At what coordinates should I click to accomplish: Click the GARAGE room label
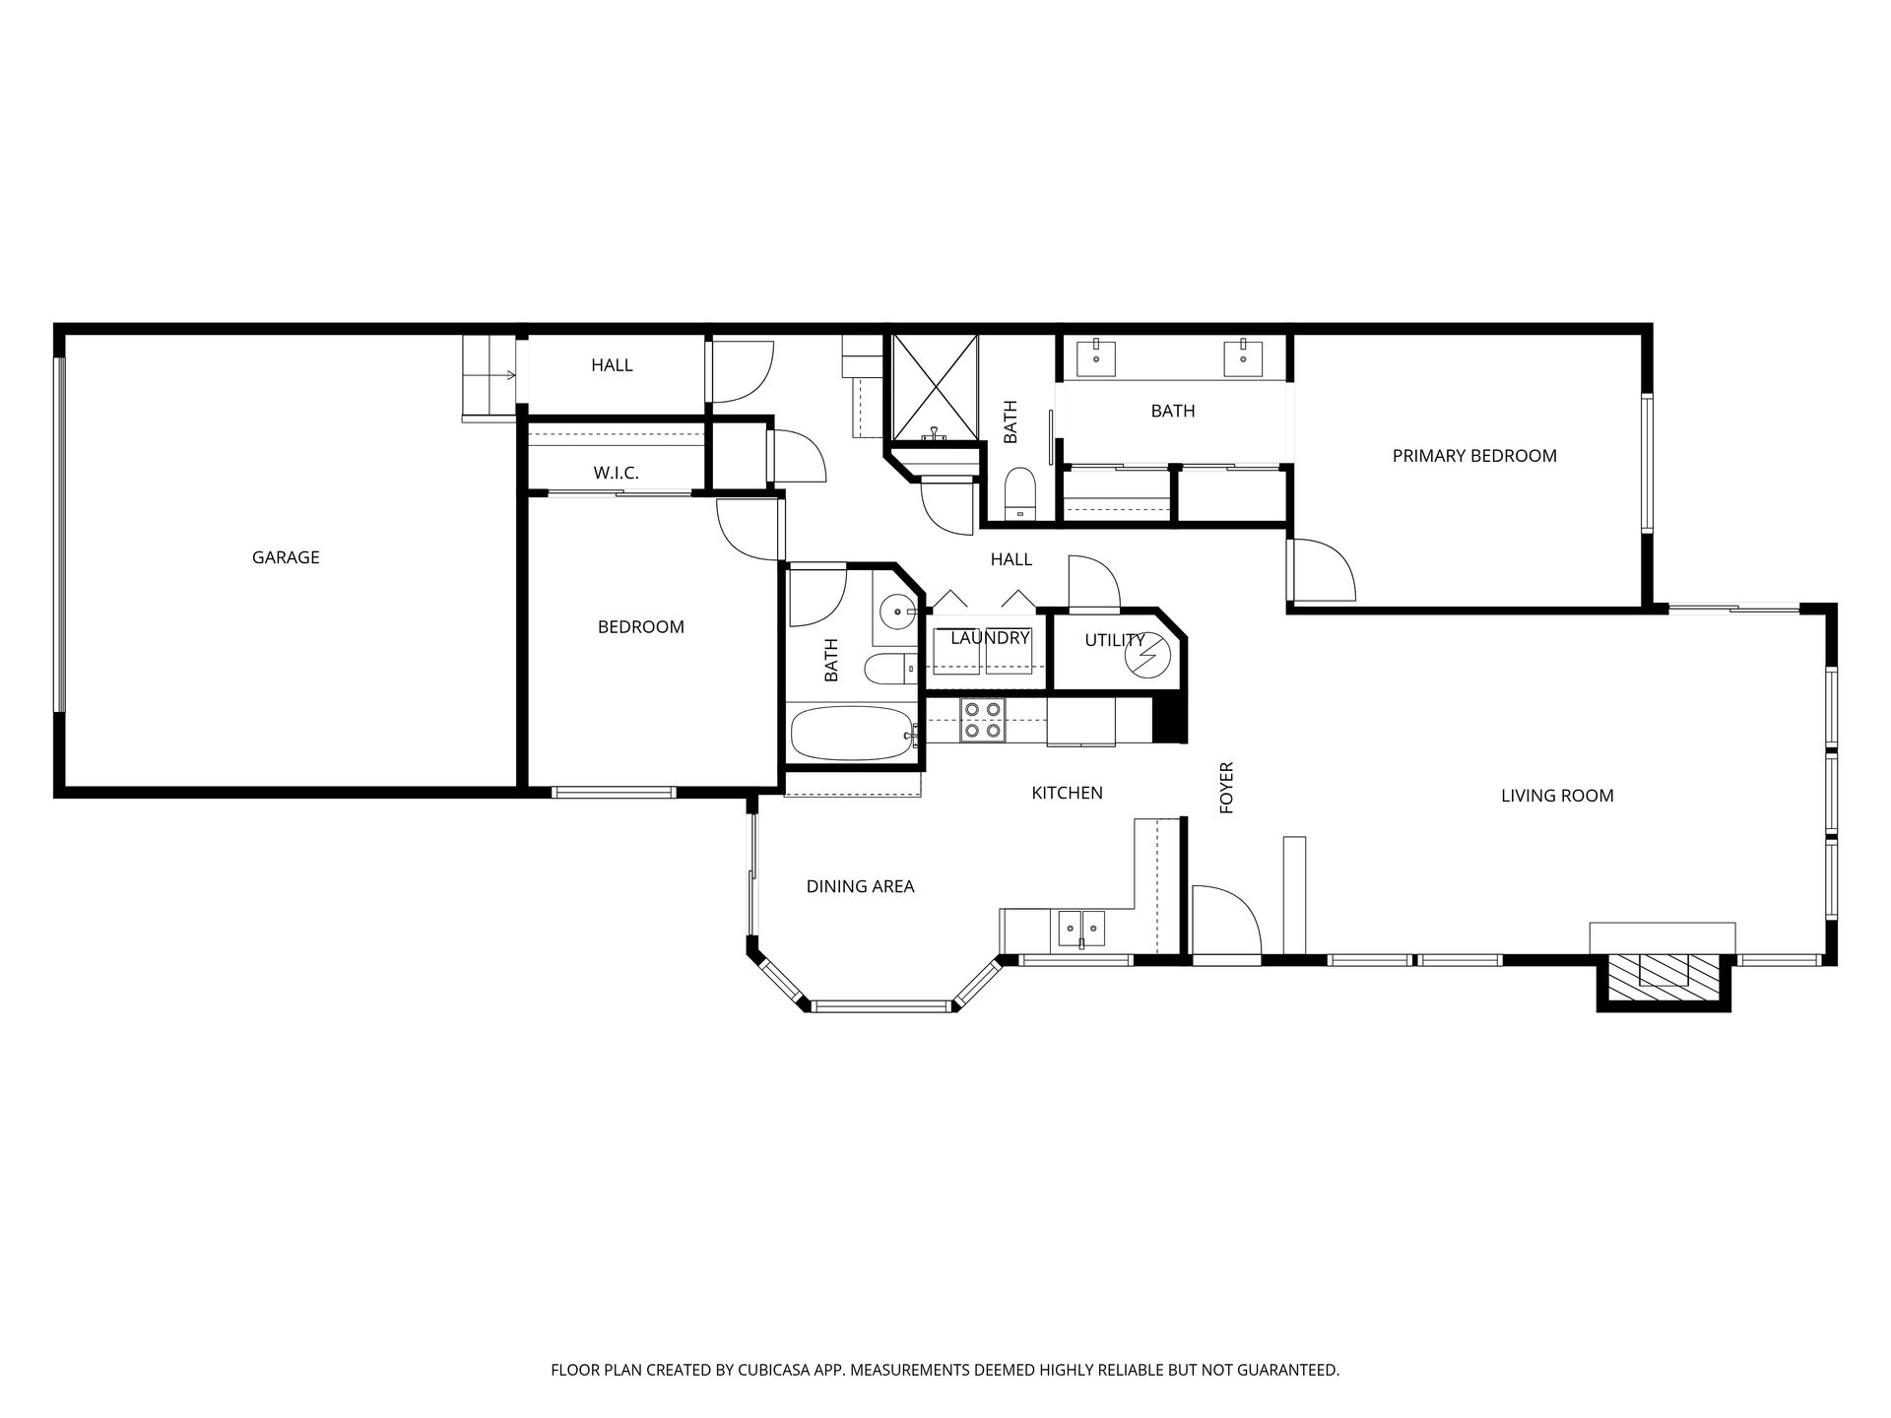286,557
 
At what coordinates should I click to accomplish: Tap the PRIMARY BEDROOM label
1474,456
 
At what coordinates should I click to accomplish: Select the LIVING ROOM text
1557,796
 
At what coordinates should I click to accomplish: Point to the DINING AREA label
860,886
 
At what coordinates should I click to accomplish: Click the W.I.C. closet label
616,473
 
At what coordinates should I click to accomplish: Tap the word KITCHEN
1067,793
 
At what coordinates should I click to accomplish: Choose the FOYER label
1226,788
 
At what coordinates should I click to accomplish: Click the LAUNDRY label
990,638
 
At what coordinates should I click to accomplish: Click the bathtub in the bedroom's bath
854,733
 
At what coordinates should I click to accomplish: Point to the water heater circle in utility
1146,658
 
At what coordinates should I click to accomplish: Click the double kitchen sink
1081,928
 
